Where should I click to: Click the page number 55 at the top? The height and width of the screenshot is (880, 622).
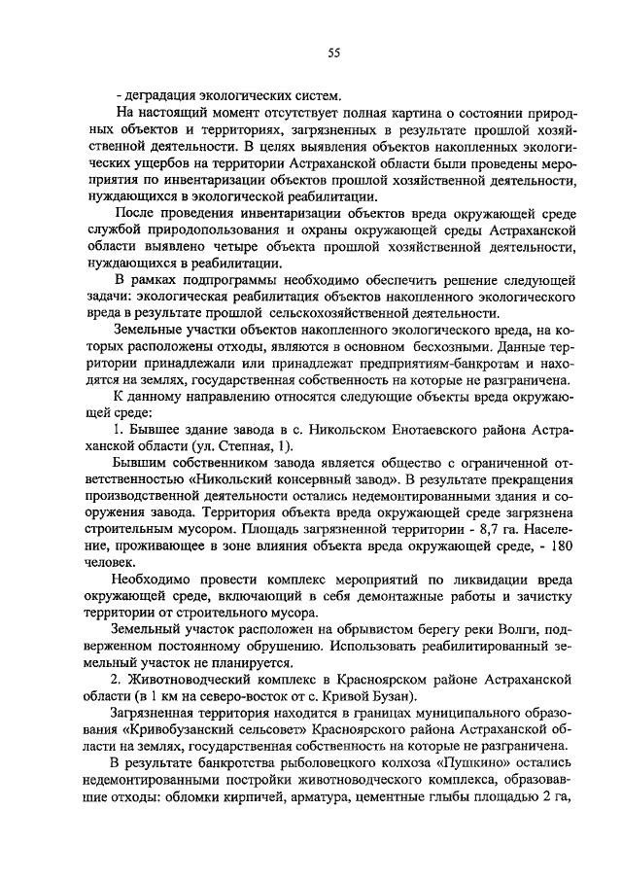tap(333, 53)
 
